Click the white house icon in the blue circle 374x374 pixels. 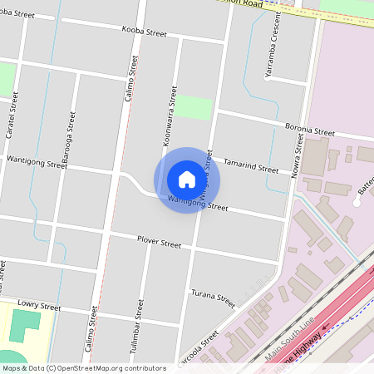point(187,180)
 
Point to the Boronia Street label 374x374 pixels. point(308,131)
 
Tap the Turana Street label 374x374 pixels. point(214,298)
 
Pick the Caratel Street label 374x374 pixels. point(12,116)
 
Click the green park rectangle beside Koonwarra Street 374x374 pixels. point(193,107)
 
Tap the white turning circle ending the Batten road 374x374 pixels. point(357,201)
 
